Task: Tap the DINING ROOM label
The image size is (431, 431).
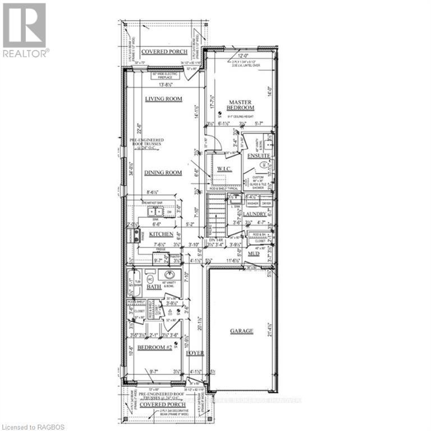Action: tap(163, 172)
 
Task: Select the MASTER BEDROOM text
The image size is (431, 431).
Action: tap(241, 104)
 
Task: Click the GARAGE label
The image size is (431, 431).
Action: tap(241, 331)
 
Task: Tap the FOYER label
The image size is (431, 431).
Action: tap(195, 353)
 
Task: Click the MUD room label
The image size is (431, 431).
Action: tap(254, 253)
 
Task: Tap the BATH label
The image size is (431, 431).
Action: tap(154, 287)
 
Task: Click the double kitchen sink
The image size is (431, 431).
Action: tap(155, 212)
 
